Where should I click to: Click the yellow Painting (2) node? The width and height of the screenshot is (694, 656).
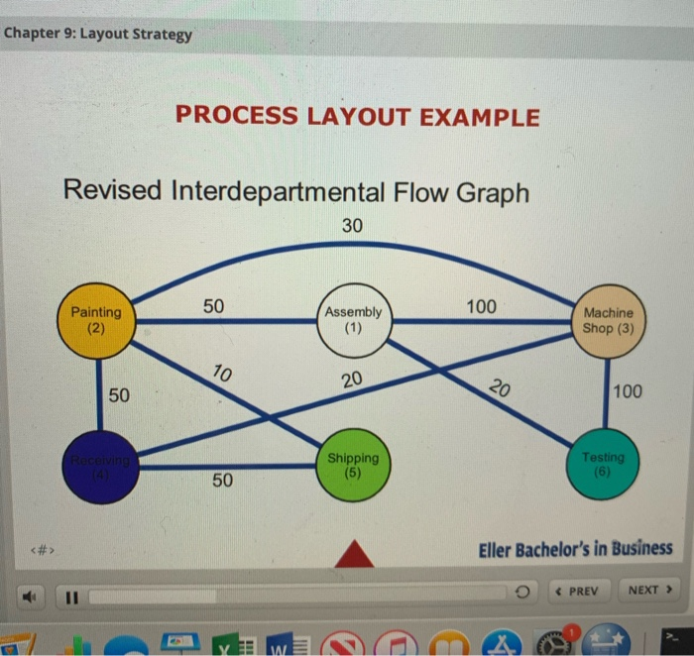point(96,319)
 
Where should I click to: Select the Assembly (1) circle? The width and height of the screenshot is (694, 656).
point(354,319)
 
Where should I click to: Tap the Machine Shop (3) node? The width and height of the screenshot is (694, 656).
point(608,319)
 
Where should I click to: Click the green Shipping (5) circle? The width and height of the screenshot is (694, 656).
point(354,465)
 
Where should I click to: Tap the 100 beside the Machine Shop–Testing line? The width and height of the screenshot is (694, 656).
point(628,391)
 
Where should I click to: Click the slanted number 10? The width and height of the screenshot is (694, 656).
point(223,375)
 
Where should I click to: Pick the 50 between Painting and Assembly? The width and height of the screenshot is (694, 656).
point(214,306)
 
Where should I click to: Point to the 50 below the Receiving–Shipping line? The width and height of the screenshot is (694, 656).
point(222,482)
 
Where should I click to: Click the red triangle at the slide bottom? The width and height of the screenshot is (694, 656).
point(354,554)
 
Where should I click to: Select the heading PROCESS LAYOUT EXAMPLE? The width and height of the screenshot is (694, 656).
point(357,117)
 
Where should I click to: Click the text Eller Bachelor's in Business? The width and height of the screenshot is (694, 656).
point(575,548)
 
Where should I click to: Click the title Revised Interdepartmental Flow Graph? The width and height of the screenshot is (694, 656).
point(295,190)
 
